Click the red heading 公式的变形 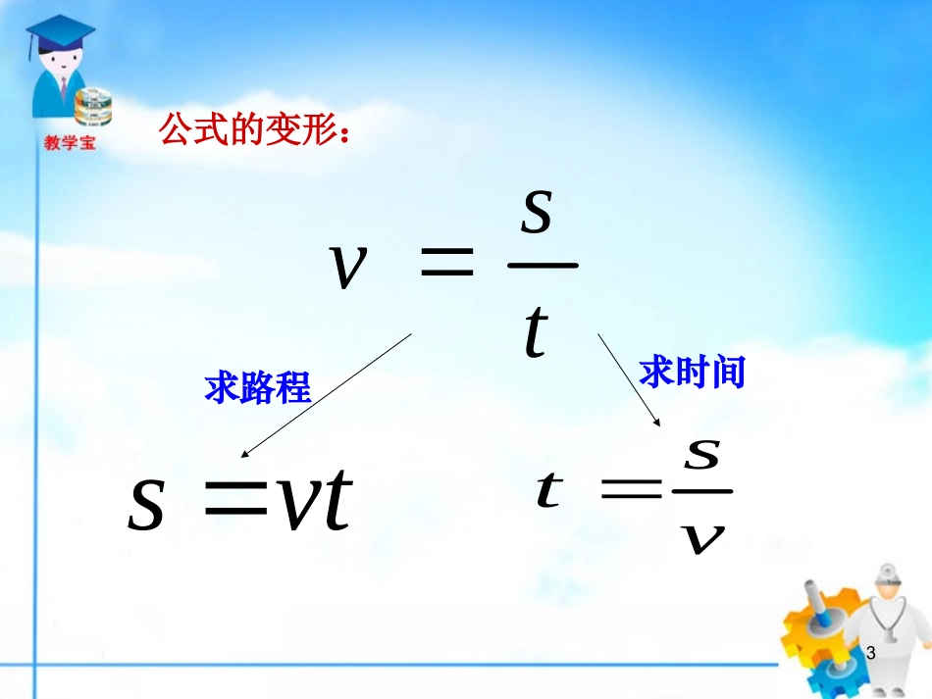point(252,130)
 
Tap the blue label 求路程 point(257,389)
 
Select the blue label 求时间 point(692,373)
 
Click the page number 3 point(869,652)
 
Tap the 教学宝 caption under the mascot point(70,143)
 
